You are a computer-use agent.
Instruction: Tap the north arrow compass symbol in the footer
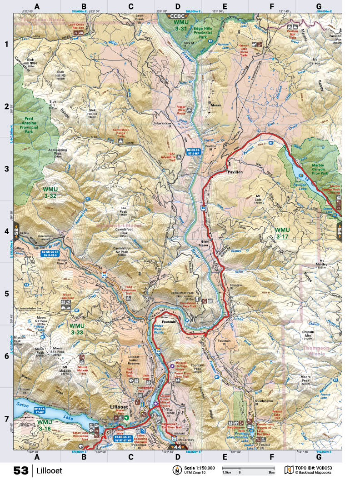click(x=175, y=470)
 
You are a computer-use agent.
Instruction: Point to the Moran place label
click(x=216, y=105)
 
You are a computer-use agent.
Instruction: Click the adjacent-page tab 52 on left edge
click(x=16, y=230)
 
